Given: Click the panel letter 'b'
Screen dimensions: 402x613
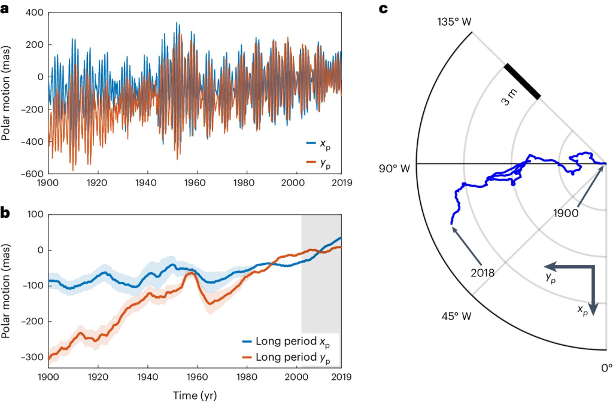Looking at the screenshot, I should [x=5, y=213].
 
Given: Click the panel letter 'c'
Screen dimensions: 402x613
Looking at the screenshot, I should [x=383, y=8].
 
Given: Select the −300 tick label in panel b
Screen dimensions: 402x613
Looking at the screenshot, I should [x=33, y=357].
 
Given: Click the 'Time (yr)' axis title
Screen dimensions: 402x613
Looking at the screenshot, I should [x=194, y=394].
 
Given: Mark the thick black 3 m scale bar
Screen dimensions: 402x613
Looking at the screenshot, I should [x=522, y=81].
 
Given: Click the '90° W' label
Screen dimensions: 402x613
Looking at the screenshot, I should [x=393, y=169].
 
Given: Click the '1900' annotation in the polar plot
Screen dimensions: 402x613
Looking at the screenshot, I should [x=566, y=212].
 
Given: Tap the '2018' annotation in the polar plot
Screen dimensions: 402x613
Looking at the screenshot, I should [x=482, y=272].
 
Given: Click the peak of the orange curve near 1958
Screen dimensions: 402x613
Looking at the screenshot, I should [x=190, y=273].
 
